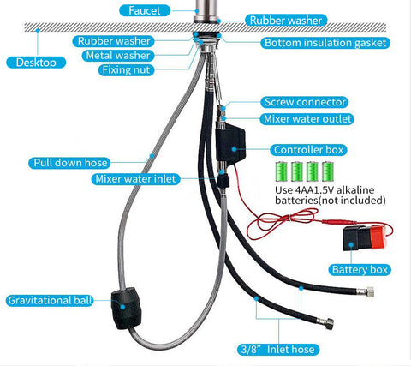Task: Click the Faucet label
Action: point(145,11)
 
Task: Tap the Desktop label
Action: point(36,63)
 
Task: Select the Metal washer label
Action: point(118,56)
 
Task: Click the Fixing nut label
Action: point(126,70)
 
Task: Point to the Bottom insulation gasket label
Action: point(325,43)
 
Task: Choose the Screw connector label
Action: point(305,102)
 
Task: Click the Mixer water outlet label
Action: point(307,119)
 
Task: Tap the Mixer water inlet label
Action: point(135,179)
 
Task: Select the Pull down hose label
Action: point(70,163)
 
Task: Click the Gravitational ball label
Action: point(50,301)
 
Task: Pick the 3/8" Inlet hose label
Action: point(278,350)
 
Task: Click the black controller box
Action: point(230,144)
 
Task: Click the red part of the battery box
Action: point(378,237)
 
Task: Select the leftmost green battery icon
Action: point(282,171)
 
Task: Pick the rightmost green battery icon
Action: point(328,171)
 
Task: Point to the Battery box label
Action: point(360,270)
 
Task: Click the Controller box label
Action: point(308,150)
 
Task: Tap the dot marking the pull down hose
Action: point(152,156)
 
